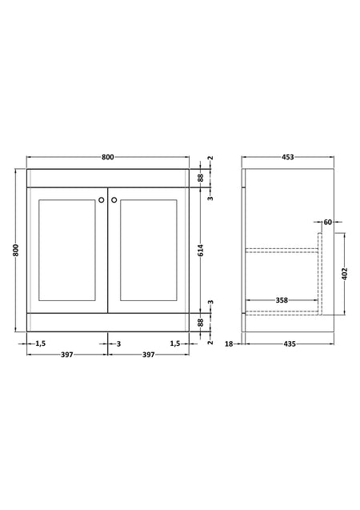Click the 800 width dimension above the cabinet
[x=108, y=157]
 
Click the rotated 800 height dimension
[x=16, y=250]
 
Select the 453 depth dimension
[x=287, y=157]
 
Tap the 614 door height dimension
[x=201, y=250]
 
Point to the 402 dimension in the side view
[x=345, y=274]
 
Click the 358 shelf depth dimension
[x=282, y=300]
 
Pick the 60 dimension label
[x=328, y=222]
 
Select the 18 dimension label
[x=229, y=343]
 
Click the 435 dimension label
[x=290, y=343]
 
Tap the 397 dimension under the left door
[x=67, y=355]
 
